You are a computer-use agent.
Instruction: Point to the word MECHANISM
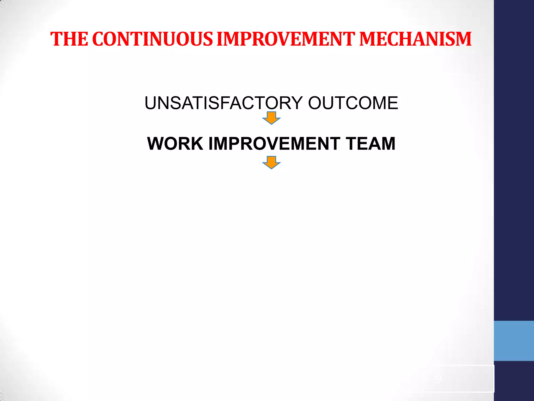pyautogui.click(x=415, y=39)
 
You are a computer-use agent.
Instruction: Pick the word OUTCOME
pyautogui.click(x=353, y=103)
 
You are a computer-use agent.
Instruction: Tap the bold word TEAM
pyautogui.click(x=371, y=144)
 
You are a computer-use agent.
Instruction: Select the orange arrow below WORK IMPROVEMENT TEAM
pyautogui.click(x=271, y=162)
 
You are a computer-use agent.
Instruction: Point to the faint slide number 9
pyautogui.click(x=438, y=379)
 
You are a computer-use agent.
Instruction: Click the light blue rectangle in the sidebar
pyautogui.click(x=514, y=341)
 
